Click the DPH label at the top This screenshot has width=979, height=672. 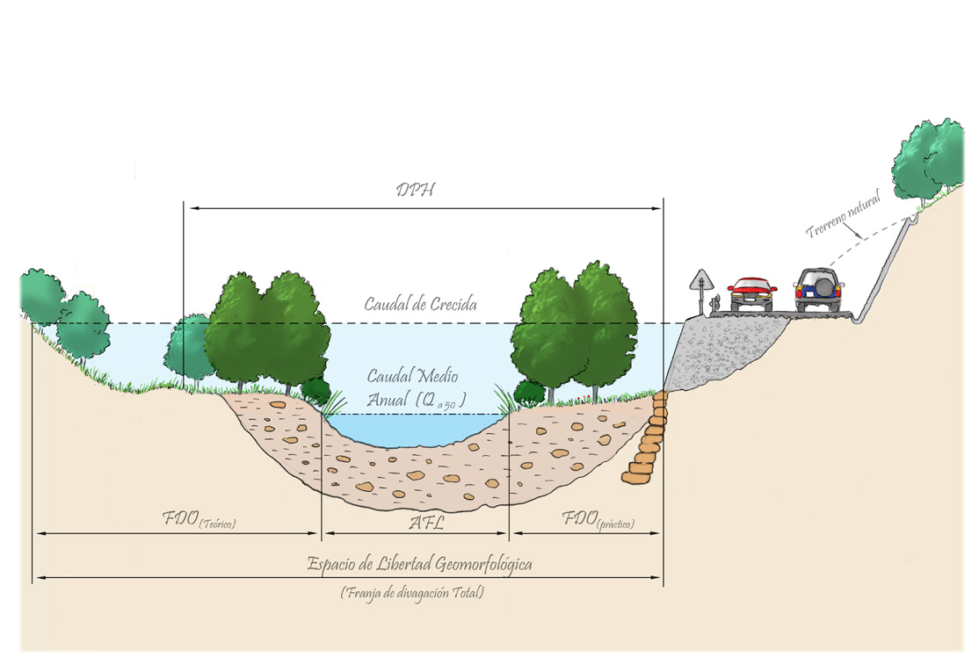click(416, 190)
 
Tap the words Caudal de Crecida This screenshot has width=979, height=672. click(420, 305)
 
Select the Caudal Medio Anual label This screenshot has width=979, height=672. click(414, 388)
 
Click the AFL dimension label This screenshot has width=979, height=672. click(426, 523)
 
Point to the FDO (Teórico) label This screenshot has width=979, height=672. click(199, 519)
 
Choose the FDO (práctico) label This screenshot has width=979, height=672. click(598, 519)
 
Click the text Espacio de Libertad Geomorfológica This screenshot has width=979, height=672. click(419, 565)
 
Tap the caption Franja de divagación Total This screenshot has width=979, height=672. click(412, 592)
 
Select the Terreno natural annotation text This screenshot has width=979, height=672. click(844, 214)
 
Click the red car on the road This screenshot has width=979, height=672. click(752, 294)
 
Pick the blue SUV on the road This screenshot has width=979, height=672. click(817, 290)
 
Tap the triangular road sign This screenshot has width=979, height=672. click(702, 281)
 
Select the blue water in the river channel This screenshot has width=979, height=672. click(413, 430)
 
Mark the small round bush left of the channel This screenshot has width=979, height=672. click(316, 391)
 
